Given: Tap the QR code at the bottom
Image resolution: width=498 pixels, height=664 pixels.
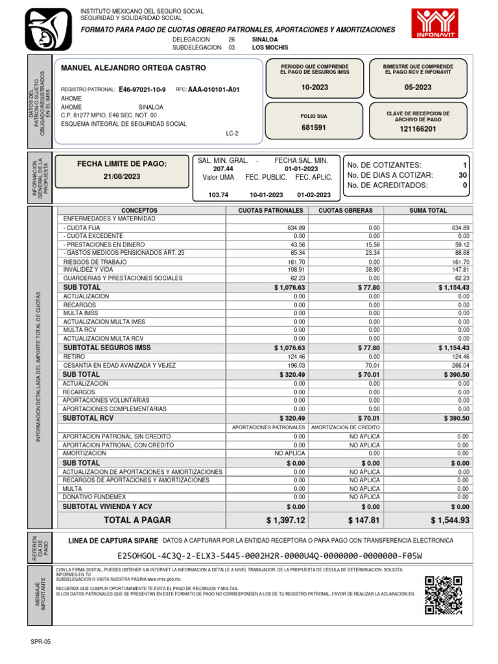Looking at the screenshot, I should [x=444, y=595].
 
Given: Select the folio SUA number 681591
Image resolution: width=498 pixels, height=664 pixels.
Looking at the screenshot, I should [x=314, y=128].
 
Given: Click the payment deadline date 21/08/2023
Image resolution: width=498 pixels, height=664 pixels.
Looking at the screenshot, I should [x=122, y=176].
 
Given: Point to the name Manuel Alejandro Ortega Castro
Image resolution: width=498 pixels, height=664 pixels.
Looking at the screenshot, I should [x=133, y=68].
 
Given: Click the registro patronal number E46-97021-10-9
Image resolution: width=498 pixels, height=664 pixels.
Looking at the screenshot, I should [x=142, y=89].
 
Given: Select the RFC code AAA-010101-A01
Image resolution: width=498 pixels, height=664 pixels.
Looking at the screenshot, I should [x=213, y=89].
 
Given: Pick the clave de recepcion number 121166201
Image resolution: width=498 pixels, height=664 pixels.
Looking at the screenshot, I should [x=418, y=129].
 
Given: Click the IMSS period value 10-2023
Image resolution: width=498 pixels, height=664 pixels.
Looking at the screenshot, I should [x=314, y=88].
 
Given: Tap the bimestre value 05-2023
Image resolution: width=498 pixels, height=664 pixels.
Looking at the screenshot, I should [x=418, y=88].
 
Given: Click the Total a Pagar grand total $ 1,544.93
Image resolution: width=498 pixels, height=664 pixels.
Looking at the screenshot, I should [x=449, y=520].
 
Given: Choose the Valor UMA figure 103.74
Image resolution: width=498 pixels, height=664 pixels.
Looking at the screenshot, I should [x=219, y=195].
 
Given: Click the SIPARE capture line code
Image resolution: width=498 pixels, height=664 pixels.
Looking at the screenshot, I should [x=269, y=556].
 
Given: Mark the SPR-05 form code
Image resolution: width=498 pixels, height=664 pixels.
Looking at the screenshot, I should [x=40, y=641].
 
